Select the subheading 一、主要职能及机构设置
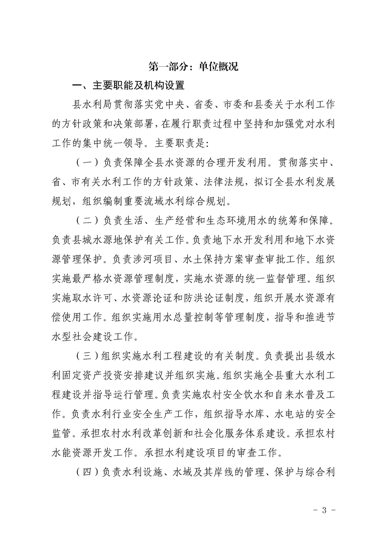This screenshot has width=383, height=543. point(128,86)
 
